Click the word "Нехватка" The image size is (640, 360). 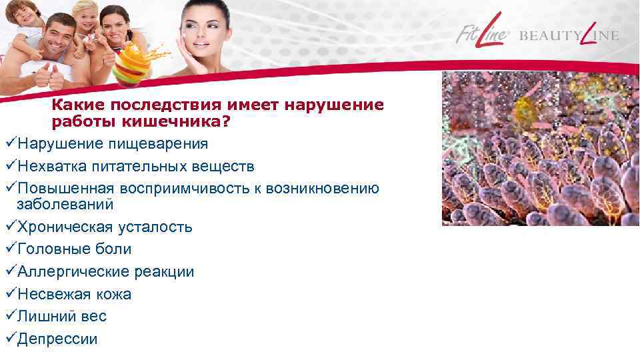(51, 166)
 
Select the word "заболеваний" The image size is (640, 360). (65, 204)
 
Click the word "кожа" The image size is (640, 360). (113, 294)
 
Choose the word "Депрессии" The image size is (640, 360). (57, 339)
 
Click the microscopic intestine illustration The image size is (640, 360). (540, 148)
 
